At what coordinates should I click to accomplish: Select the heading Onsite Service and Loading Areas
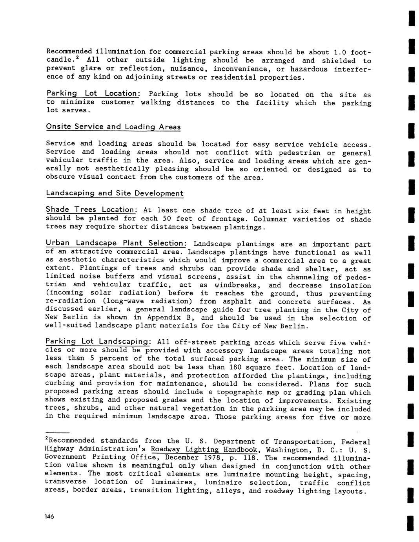click(x=113, y=127)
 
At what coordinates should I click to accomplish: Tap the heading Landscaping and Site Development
click(x=115, y=193)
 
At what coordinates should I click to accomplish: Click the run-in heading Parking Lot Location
click(x=92, y=93)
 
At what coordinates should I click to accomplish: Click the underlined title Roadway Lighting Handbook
click(x=204, y=450)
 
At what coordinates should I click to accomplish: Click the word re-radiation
click(x=65, y=301)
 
